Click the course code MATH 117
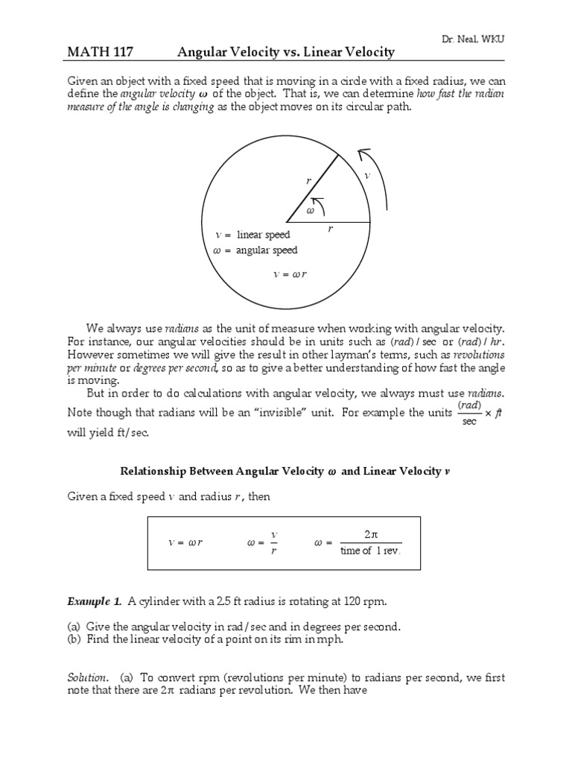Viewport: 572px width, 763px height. pyautogui.click(x=98, y=51)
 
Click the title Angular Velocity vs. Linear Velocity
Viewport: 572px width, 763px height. pyautogui.click(x=285, y=51)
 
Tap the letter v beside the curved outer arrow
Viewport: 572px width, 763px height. pyautogui.click(x=366, y=175)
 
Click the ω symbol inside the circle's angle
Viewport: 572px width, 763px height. pyautogui.click(x=311, y=211)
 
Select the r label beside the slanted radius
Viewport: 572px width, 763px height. pyautogui.click(x=308, y=180)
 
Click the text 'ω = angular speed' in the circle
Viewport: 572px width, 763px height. pyautogui.click(x=255, y=250)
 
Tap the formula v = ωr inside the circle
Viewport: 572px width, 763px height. pyautogui.click(x=290, y=274)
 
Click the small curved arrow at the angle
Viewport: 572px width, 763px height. pyautogui.click(x=318, y=201)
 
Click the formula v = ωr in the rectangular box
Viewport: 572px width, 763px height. pyautogui.click(x=185, y=542)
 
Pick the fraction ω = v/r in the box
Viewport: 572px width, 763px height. pyautogui.click(x=262, y=542)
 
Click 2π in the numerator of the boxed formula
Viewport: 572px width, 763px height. pyautogui.click(x=371, y=534)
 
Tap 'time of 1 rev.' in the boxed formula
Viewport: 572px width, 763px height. pyautogui.click(x=370, y=551)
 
